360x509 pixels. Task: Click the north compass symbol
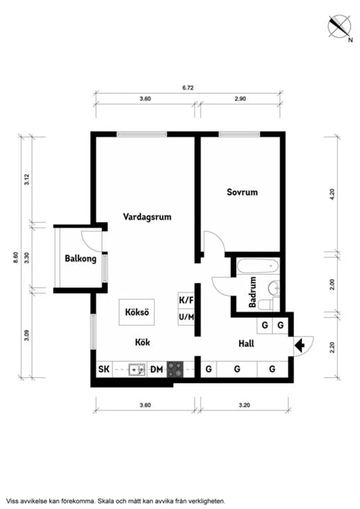[340, 26]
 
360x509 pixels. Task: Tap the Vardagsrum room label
[147, 216]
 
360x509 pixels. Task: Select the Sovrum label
[242, 192]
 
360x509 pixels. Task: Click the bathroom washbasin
[274, 288]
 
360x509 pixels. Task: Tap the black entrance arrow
[300, 346]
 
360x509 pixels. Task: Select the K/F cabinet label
[186, 300]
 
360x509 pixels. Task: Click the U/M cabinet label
[186, 317]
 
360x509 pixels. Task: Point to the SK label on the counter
[103, 370]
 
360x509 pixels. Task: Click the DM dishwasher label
[157, 370]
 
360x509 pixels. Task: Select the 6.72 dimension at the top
[188, 88]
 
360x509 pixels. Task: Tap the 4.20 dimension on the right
[332, 193]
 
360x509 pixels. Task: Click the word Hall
[246, 344]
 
